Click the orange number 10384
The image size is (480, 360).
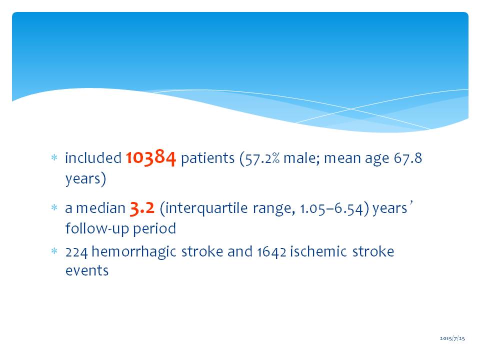point(151,157)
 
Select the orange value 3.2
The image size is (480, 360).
point(142,208)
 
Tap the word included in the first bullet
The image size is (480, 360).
point(93,158)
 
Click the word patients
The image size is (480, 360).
point(207,158)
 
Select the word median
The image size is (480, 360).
point(100,208)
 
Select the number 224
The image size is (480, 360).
point(76,252)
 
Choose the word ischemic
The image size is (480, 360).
point(318,251)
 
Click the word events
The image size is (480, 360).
point(87,271)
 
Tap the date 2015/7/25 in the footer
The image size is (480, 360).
point(452,338)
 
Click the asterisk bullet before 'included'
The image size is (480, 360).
point(54,157)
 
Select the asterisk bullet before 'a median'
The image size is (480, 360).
point(54,208)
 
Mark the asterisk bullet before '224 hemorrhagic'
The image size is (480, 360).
point(54,251)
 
